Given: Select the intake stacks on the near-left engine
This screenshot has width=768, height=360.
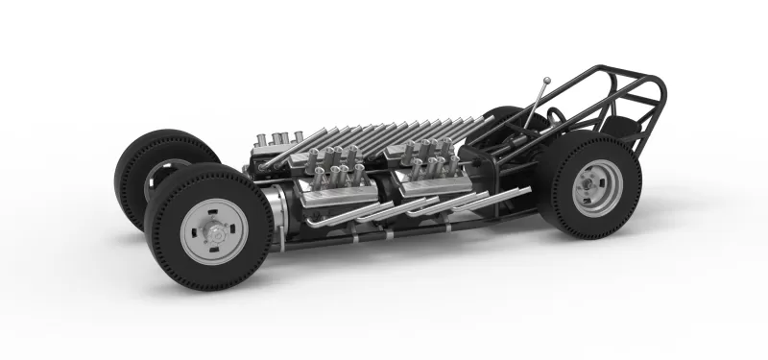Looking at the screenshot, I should [331, 163].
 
